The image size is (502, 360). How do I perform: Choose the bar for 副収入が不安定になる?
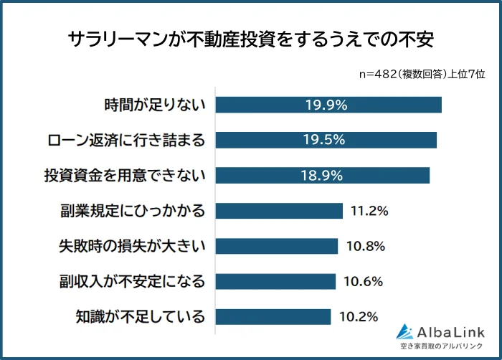click(275, 281)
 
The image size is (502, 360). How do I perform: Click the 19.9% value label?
click(326, 105)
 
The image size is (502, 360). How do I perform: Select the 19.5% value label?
click(326, 140)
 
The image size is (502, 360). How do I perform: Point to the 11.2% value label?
click(369, 211)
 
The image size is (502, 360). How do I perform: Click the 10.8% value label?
click(366, 246)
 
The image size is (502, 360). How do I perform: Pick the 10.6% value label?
click(364, 281)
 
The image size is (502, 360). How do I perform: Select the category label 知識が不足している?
click(141, 316)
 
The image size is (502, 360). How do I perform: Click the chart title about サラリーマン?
click(251, 39)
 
